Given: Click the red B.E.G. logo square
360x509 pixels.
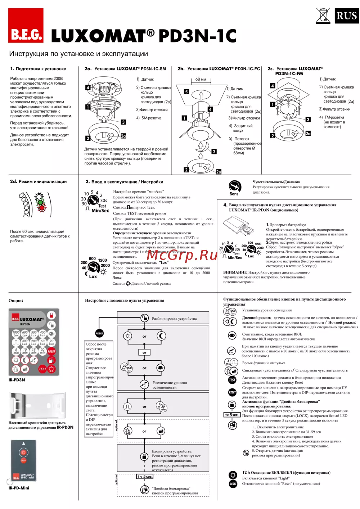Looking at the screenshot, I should (26, 26).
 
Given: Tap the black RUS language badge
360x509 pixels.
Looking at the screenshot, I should (346, 16).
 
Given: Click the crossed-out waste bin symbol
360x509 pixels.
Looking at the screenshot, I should (323, 16).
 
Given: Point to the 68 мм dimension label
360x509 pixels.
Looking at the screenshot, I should (201, 79).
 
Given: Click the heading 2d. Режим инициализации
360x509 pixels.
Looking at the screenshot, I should (38, 181).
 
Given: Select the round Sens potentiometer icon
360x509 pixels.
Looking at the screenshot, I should (235, 186).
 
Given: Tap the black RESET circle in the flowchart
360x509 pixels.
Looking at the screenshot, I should (99, 333).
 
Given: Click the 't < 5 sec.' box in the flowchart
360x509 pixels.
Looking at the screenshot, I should (144, 477).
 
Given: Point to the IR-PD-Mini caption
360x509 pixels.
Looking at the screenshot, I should (19, 488).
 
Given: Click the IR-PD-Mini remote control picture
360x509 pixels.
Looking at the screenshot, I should (23, 461).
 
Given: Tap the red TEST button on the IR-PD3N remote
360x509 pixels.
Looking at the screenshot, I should (42, 369).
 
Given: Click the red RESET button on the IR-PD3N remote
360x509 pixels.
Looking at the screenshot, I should (51, 351).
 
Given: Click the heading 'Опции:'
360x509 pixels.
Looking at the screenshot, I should (16, 300).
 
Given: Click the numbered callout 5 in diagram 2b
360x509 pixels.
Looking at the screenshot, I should (186, 91).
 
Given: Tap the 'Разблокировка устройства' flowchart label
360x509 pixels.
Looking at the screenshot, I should (174, 319).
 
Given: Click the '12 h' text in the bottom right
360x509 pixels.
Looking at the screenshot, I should (246, 472).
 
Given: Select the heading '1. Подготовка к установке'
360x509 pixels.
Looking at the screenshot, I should (38, 69).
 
